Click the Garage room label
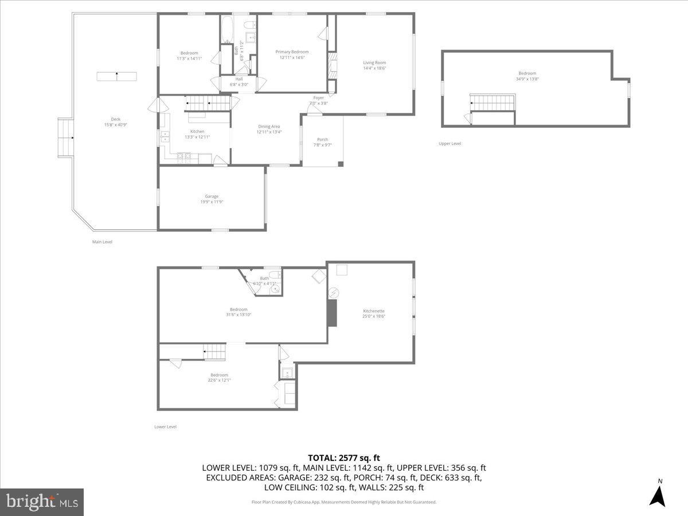pyautogui.click(x=212, y=196)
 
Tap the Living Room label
pyautogui.click(x=374, y=62)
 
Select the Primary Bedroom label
pyautogui.click(x=292, y=52)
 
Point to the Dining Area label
pyautogui.click(x=269, y=126)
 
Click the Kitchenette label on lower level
pyautogui.click(x=373, y=311)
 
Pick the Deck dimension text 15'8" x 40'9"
pyautogui.click(x=116, y=124)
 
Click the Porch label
pyautogui.click(x=323, y=139)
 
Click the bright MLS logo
pyautogui.click(x=42, y=502)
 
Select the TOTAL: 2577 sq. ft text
pyautogui.click(x=344, y=458)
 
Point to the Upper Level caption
pyautogui.click(x=449, y=143)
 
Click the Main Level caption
pyautogui.click(x=102, y=242)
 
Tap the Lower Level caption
pyautogui.click(x=165, y=427)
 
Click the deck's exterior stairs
pyautogui.click(x=65, y=138)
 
